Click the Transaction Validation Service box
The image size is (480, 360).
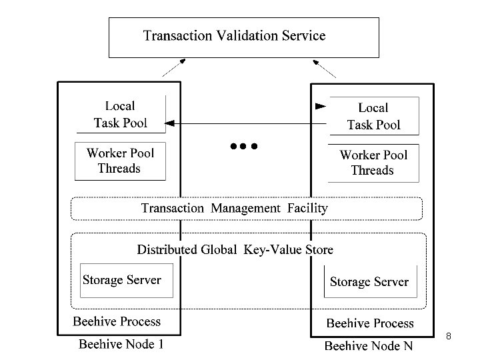[244, 37]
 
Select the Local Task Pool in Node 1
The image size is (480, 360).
[120, 114]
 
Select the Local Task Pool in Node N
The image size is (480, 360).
[373, 116]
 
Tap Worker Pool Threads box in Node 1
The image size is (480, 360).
[119, 161]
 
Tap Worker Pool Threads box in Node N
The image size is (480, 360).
[373, 163]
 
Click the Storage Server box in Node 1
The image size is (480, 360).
[121, 280]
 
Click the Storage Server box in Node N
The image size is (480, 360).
[369, 282]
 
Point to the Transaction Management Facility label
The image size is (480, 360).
[235, 208]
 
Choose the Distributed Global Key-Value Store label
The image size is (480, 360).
[235, 250]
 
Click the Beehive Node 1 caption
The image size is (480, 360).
[121, 344]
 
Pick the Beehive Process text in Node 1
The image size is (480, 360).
[117, 321]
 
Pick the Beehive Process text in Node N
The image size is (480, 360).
[370, 323]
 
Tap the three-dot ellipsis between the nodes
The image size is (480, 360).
[243, 145]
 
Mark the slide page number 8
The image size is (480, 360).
[449, 336]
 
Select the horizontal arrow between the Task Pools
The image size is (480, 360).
[247, 123]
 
